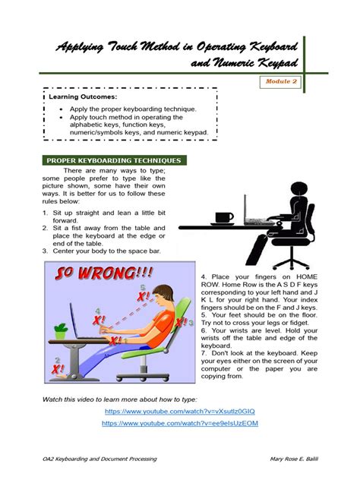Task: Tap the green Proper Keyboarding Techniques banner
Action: tap(114, 161)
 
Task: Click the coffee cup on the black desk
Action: tap(223, 218)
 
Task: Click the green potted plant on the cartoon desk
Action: tap(60, 330)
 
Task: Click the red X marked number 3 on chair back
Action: tap(181, 324)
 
